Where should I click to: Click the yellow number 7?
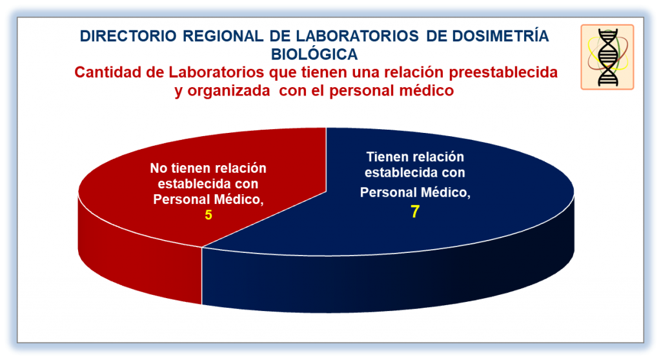[415, 211]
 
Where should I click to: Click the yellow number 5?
[208, 215]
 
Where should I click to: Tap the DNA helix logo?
[607, 57]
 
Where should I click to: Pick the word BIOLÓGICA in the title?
[314, 54]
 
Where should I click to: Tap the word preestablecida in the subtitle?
[503, 72]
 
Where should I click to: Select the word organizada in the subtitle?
[228, 90]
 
